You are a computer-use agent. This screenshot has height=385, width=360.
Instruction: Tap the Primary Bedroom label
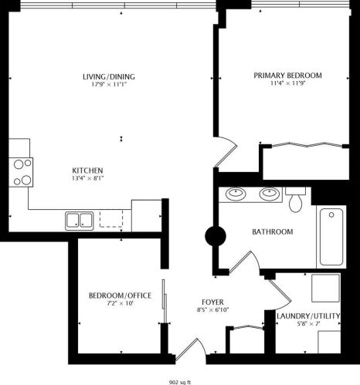coord(287,76)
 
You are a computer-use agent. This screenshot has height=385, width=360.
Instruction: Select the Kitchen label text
coord(87,171)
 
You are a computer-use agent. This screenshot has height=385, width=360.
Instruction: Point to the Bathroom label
coord(272,231)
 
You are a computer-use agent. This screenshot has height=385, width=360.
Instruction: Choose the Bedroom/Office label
coord(119,296)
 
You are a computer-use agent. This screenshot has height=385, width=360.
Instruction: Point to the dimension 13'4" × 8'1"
coord(87,179)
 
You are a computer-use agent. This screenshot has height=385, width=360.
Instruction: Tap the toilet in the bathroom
coord(294,200)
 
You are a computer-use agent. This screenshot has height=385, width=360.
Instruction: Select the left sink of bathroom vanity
coord(235,193)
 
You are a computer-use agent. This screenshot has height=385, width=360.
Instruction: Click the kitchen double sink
coord(79,221)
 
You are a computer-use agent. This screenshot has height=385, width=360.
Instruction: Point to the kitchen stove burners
coord(22,172)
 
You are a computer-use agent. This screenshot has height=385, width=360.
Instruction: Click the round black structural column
coord(214,235)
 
